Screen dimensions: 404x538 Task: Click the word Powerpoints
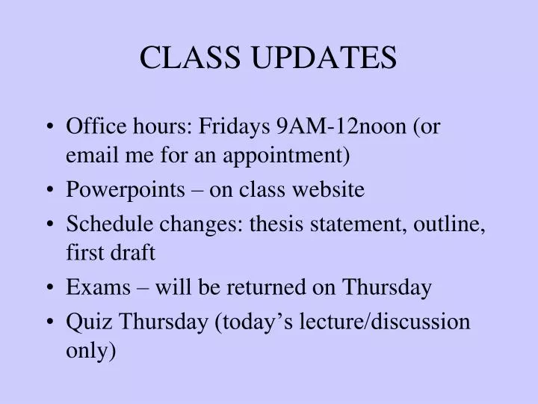(125, 190)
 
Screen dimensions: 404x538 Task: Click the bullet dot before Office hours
(49, 127)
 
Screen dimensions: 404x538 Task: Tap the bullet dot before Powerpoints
(49, 191)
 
